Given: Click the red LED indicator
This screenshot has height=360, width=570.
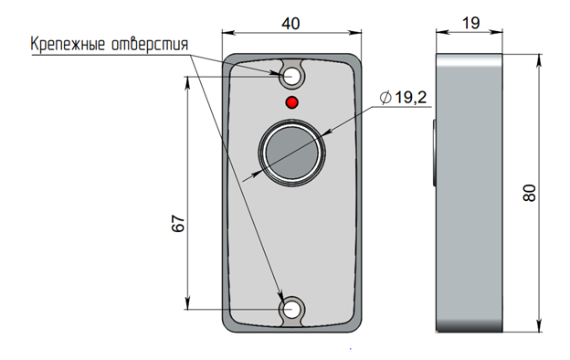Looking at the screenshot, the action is point(292,102).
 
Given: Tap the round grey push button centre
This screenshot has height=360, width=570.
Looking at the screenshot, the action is point(292,153).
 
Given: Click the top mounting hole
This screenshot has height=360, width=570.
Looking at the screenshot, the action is point(291,77).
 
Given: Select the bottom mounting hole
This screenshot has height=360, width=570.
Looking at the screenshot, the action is point(291,310).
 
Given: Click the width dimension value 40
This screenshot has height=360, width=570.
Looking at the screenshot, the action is point(290,24).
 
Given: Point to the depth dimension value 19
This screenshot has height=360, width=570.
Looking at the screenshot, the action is point(470,23).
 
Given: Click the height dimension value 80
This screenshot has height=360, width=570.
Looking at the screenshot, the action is point(530,193).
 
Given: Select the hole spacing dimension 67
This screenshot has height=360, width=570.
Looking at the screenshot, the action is point(178,223).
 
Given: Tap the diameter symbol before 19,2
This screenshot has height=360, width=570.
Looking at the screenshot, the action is point(385,98).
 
